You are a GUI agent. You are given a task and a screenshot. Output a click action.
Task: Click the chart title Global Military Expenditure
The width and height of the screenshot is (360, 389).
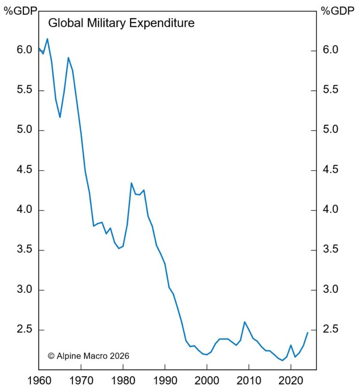point(121,23)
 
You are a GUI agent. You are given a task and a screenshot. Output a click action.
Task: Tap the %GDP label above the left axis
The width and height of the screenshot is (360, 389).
point(19,11)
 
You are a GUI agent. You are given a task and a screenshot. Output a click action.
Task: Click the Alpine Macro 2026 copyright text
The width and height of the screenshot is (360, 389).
point(89,356)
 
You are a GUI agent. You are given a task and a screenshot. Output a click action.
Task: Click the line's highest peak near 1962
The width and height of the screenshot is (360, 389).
point(47,38)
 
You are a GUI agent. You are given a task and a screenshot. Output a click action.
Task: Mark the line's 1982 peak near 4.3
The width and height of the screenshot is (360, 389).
point(131,183)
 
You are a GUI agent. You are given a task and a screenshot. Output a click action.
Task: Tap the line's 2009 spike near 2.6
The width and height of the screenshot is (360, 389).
point(245,322)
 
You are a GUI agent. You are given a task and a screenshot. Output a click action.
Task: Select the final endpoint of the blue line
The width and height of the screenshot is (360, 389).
point(307,333)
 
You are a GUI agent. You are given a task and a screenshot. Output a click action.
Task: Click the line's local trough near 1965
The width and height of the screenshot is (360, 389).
point(60,117)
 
